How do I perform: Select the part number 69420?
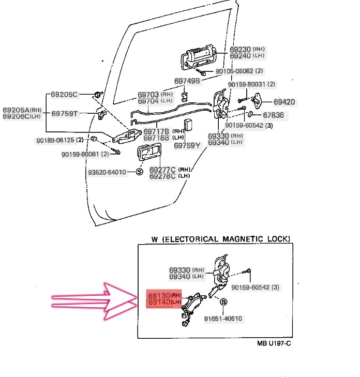click(x=284, y=102)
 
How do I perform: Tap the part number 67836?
click(x=273, y=115)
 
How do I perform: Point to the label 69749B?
click(x=187, y=81)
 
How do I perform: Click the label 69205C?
click(x=64, y=95)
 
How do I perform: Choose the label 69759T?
click(x=64, y=114)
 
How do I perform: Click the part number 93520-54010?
click(x=107, y=172)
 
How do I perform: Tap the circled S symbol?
click(x=139, y=172)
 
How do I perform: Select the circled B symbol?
click(x=224, y=302)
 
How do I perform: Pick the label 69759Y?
click(x=187, y=145)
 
